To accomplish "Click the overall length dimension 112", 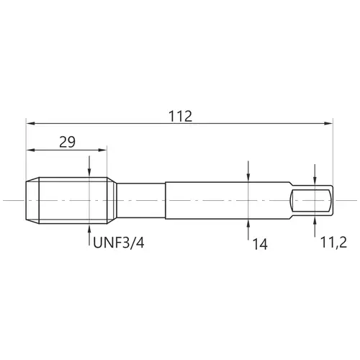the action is click(180, 117).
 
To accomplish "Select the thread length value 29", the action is click(67, 142).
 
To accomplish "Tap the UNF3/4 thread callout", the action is click(119, 243).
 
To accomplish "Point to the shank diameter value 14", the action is click(260, 245).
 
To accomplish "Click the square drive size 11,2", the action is click(333, 243).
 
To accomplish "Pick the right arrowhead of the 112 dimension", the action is click(328, 123).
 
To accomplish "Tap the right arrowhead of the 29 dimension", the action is click(102, 150).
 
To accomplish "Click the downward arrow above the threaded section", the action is click(89, 166).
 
